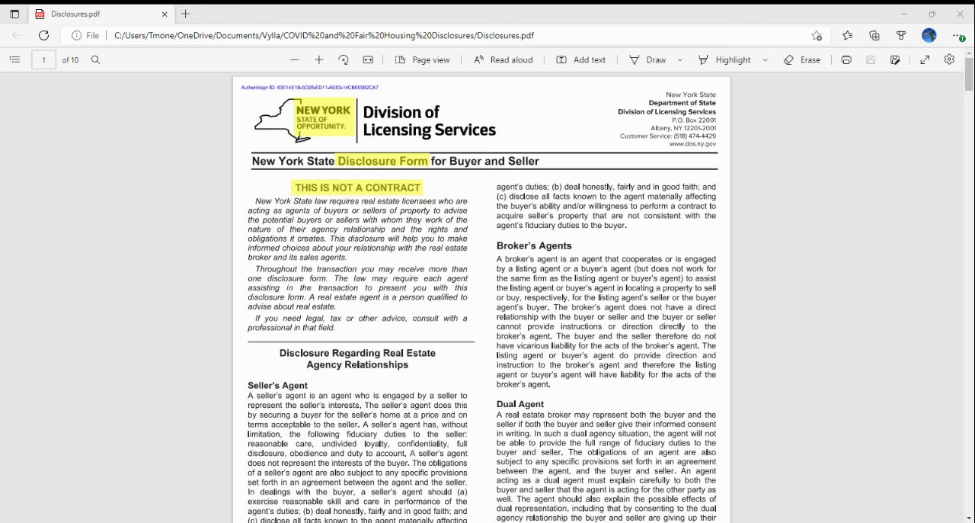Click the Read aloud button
click(x=503, y=59)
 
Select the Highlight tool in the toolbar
click(x=724, y=59)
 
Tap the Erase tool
click(x=802, y=59)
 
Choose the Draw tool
click(x=647, y=59)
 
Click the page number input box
click(x=43, y=59)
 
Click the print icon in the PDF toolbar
click(x=846, y=59)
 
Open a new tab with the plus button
click(x=186, y=14)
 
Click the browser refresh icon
click(x=43, y=35)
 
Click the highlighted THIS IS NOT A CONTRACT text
click(x=357, y=188)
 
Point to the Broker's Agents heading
click(x=534, y=245)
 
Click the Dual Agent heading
click(x=520, y=404)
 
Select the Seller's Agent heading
click(x=277, y=386)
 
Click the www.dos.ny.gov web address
click(x=692, y=144)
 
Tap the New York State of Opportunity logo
click(x=305, y=120)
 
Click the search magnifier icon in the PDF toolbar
click(x=95, y=59)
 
